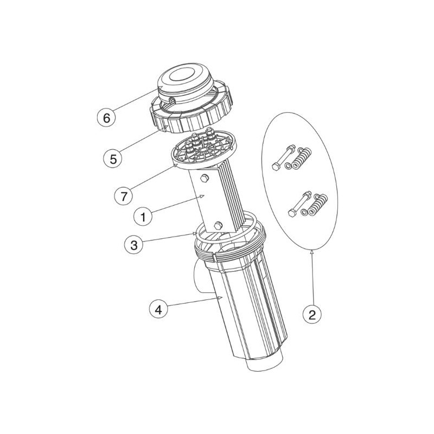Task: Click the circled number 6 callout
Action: (x=106, y=118)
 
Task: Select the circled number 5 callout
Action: (x=113, y=159)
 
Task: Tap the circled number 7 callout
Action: (x=124, y=196)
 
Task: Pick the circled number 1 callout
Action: (x=143, y=216)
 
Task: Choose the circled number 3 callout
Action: (x=133, y=245)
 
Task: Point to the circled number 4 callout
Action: (x=158, y=310)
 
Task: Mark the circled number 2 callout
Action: (x=312, y=315)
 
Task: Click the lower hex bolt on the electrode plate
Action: (x=219, y=225)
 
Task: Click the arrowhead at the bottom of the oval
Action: (x=311, y=251)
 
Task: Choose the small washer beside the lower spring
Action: (x=304, y=212)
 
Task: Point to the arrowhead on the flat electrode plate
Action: (x=202, y=196)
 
